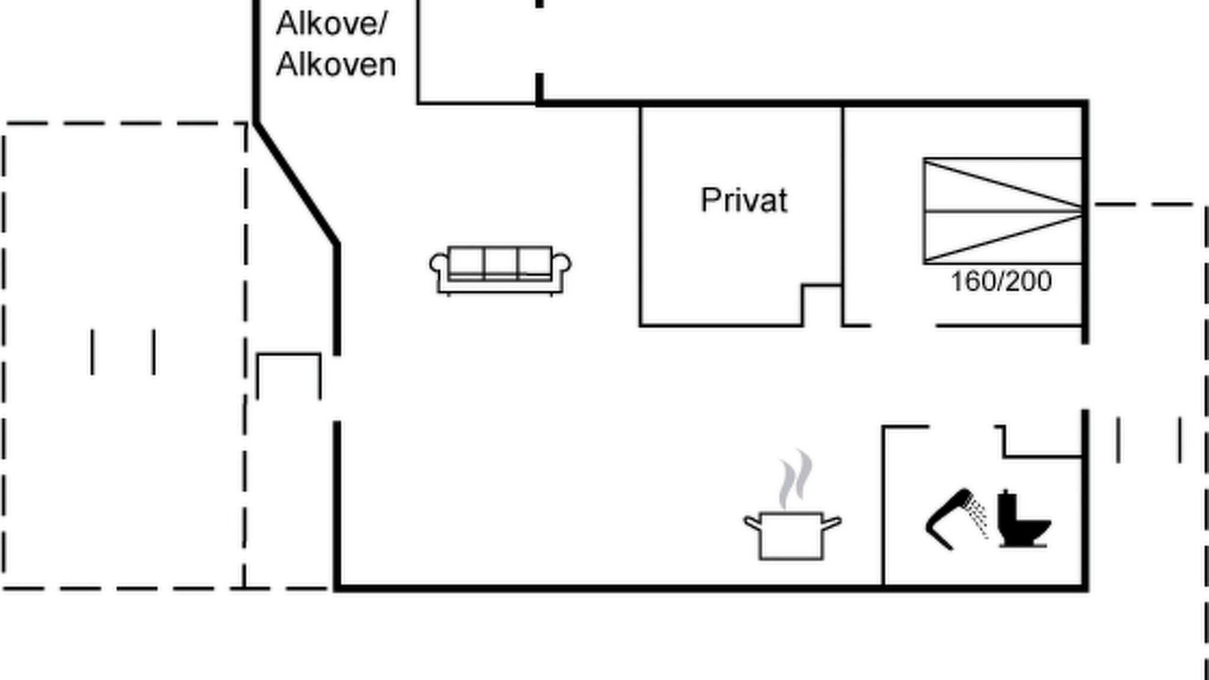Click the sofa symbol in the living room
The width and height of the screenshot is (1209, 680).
coord(501,270)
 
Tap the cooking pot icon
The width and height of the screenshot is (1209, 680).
coord(792,535)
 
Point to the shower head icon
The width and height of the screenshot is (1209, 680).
coord(955,519)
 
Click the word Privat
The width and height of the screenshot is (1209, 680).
coord(744,200)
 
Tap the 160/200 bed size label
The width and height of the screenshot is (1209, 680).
coord(1001,281)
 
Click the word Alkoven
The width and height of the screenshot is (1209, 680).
coord(335,65)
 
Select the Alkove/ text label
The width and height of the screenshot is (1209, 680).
coord(332,25)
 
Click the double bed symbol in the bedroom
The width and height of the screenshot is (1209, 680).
coord(1003,211)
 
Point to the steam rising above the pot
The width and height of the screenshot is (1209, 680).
coord(795,479)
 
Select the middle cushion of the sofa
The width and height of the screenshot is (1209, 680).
coord(501,263)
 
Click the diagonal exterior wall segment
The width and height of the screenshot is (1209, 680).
coord(297,183)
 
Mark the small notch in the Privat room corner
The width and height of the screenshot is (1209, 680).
coord(822,305)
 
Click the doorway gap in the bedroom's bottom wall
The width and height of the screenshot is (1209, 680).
coord(904,326)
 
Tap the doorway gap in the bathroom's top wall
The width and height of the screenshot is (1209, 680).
coord(962,427)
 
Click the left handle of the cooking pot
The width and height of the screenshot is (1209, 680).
coord(753,523)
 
